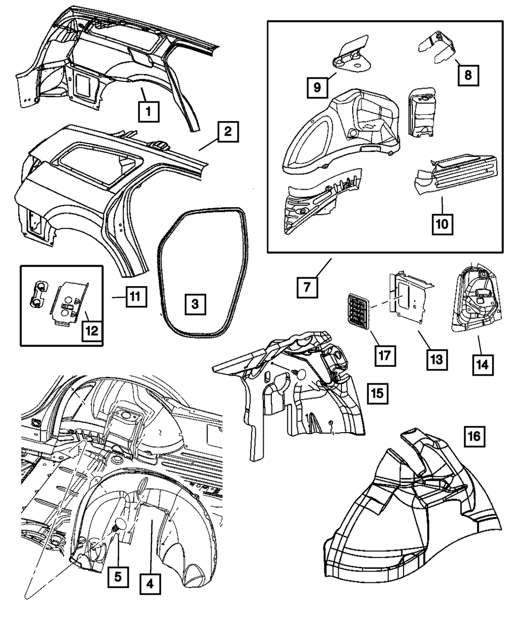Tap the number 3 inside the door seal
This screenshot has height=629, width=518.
194,305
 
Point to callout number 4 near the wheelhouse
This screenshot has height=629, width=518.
150,585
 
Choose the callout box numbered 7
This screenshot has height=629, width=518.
308,287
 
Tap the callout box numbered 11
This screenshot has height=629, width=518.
135,297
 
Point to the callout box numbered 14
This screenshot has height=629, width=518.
482,364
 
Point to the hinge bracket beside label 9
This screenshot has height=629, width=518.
350,53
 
